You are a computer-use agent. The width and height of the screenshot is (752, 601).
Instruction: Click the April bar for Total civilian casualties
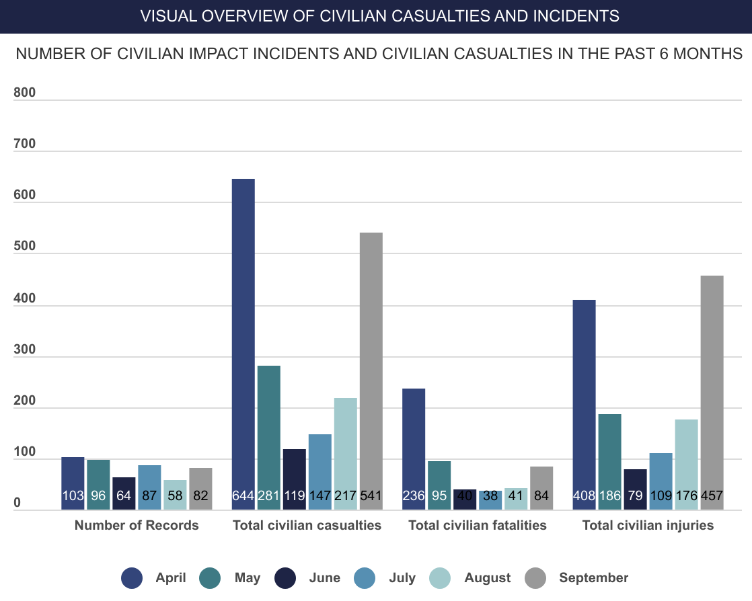[x=243, y=336]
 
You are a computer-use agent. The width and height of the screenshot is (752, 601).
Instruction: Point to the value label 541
[x=371, y=497]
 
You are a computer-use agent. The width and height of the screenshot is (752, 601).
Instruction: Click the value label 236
[x=414, y=497]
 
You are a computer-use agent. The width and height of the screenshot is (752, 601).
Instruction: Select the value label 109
[x=661, y=497]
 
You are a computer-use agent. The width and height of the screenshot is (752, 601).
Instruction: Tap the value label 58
[x=175, y=497]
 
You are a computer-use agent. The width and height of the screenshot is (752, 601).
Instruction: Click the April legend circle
[x=132, y=578]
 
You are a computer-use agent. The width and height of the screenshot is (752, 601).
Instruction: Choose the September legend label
[x=593, y=578]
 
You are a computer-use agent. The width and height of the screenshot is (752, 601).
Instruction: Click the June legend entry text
[x=324, y=578]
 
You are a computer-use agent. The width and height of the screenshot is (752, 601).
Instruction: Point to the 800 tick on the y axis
[x=24, y=93]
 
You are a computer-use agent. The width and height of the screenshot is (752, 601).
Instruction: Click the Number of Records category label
[x=137, y=526]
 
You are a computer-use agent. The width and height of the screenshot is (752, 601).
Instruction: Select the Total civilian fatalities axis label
[x=478, y=526]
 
